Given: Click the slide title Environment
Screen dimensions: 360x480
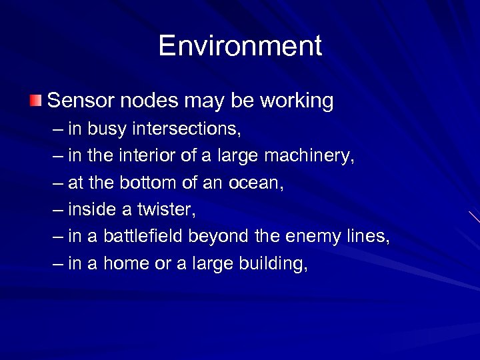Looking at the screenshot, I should [240, 47].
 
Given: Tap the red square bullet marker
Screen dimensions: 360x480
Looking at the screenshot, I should [35, 101].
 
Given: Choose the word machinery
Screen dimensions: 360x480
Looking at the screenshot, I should [309, 156].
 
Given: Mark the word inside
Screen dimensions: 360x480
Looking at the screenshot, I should [91, 209].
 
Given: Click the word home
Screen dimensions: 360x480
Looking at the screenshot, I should [125, 264].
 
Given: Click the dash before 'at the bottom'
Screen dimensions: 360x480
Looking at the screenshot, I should [58, 183].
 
